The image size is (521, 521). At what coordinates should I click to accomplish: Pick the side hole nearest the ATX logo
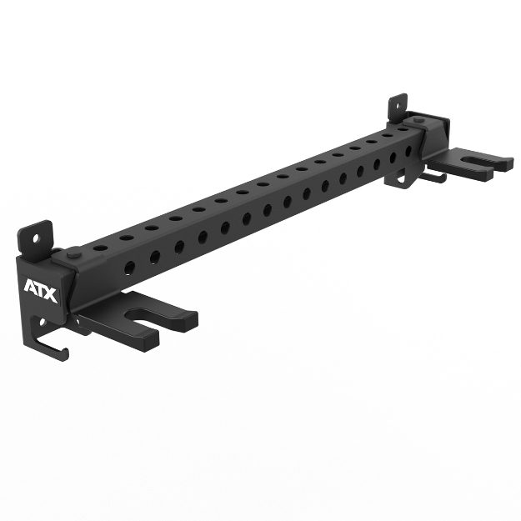coord(130,267)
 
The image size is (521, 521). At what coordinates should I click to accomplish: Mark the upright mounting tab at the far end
coord(398,106)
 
